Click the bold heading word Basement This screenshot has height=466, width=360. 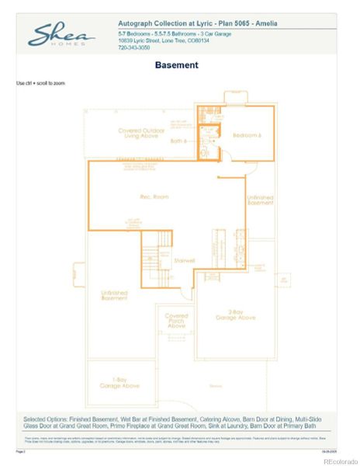click(176, 65)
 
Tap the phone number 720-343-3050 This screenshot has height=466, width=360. click(134, 48)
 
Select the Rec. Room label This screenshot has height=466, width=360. click(154, 196)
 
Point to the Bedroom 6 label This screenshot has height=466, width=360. click(248, 136)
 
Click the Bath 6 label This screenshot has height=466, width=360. click(179, 141)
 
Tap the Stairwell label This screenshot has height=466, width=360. click(185, 259)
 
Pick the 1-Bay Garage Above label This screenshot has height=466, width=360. click(120, 383)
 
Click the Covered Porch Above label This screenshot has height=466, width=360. click(176, 320)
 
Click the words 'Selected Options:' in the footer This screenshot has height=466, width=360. click(46, 419)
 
